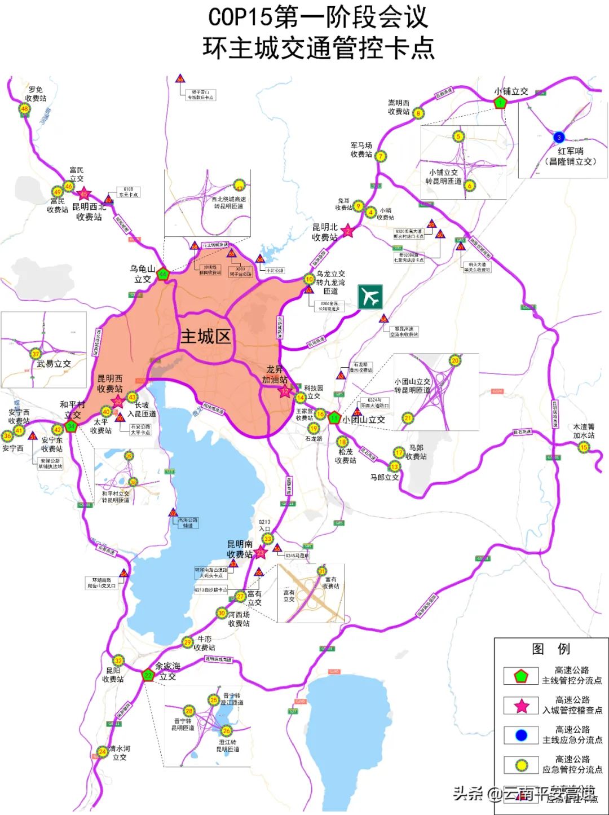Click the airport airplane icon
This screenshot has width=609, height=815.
coord(370,297)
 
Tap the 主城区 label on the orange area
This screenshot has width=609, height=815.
coord(205,337)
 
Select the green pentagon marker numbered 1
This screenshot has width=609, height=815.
coord(500,103)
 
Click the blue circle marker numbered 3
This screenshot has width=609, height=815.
coord(559,137)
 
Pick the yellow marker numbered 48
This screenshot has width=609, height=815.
coord(25,109)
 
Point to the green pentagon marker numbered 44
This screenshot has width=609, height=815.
coord(163,275)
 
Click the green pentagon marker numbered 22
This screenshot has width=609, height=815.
coord(148,675)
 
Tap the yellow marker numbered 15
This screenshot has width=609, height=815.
coord(583,448)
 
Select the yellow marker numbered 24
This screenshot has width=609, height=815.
coord(102,752)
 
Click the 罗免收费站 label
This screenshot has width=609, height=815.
coord(36,94)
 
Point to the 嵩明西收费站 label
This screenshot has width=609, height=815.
coord(399,107)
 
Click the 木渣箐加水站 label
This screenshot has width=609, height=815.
coord(584,431)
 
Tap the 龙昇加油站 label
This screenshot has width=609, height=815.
coord(275,374)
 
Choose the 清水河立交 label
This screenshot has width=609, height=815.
coord(120,753)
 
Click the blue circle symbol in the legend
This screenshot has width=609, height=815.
coord(521,735)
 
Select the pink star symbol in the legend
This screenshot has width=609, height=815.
coord(522,706)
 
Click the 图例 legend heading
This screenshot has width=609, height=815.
coord(550,649)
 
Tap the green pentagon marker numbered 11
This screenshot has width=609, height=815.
coord(334,418)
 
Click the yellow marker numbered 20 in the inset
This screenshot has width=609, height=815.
coord(454,361)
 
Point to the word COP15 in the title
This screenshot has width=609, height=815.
coord(240,17)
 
